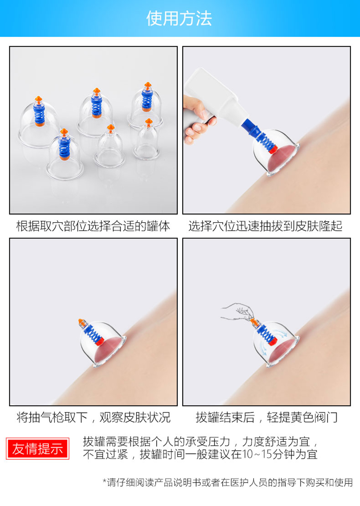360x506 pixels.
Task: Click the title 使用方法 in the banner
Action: [179, 18]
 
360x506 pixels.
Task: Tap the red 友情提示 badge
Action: [38, 448]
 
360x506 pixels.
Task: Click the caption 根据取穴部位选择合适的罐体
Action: [93, 226]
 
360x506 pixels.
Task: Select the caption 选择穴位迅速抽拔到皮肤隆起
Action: [265, 226]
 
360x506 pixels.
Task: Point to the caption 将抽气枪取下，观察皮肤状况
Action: [93, 417]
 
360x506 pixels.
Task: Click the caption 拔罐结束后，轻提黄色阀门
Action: [266, 417]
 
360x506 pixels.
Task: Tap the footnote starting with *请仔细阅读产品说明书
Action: [228, 482]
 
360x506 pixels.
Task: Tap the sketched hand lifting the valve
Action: [236, 311]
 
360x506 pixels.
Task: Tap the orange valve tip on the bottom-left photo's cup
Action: [81, 322]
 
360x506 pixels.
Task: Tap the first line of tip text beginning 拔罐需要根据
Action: [201, 441]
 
